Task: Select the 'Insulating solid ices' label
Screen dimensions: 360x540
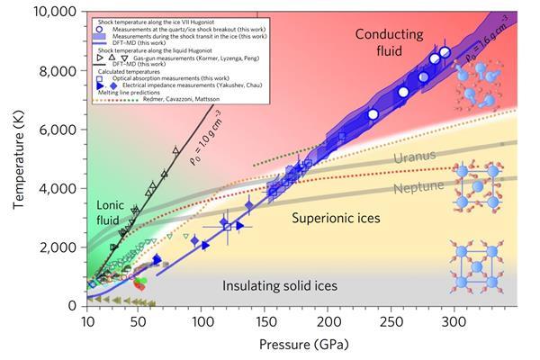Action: click(280, 286)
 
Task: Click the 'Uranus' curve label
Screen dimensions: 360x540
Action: click(414, 158)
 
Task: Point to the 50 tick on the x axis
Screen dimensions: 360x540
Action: click(138, 319)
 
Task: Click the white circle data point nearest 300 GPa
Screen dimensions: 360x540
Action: click(445, 52)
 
